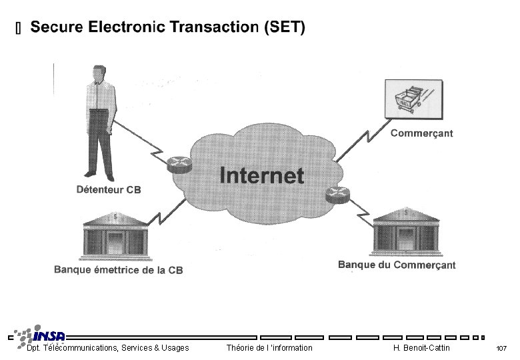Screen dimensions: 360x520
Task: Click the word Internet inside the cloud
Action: (261, 175)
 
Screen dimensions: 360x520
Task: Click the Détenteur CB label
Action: (109, 190)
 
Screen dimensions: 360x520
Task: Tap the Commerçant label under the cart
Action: (421, 133)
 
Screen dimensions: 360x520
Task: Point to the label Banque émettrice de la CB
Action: (118, 270)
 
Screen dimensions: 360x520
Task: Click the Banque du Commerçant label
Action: (397, 265)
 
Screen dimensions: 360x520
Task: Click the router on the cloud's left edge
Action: (179, 163)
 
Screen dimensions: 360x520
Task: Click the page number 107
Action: (501, 349)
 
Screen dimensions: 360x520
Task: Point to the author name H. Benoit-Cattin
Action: (421, 348)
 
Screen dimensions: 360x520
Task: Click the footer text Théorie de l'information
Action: (269, 348)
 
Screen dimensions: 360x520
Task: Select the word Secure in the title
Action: (57, 27)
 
